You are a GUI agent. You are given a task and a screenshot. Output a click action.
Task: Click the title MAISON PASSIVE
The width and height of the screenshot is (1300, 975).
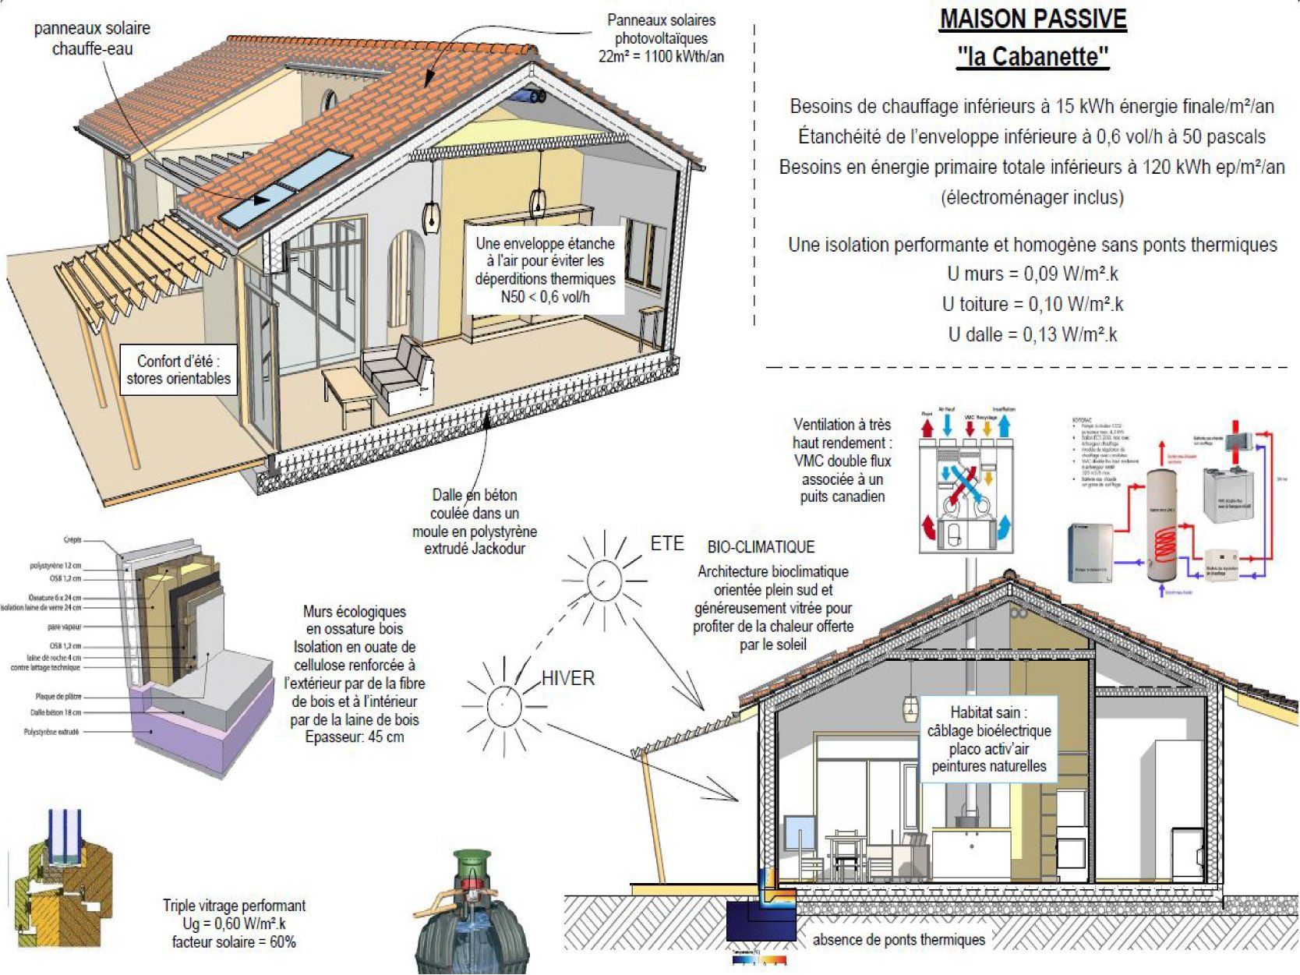[x=1033, y=19]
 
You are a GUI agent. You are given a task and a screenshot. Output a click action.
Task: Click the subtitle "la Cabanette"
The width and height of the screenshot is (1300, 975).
[x=1033, y=57]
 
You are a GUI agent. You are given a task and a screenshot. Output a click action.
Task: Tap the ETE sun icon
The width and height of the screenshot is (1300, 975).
[x=602, y=578]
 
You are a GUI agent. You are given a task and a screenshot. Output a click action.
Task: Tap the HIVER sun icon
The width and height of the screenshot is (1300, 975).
[x=503, y=706]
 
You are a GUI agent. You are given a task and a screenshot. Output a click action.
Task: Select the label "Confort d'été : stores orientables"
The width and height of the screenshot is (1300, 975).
[x=178, y=370]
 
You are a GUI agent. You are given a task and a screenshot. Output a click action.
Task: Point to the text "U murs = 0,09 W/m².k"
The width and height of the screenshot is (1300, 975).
[x=1033, y=274]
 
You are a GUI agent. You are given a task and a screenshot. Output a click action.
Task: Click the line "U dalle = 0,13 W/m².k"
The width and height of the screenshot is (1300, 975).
[x=1033, y=335]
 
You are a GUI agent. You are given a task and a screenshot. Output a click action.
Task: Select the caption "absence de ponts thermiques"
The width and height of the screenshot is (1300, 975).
[x=899, y=940]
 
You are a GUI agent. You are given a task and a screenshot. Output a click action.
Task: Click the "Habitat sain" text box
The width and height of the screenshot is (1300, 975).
[x=989, y=739]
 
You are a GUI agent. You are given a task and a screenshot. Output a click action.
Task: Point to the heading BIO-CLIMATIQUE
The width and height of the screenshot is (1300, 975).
[x=761, y=547]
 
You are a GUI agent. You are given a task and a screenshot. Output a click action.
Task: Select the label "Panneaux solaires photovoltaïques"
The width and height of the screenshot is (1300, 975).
[x=661, y=38]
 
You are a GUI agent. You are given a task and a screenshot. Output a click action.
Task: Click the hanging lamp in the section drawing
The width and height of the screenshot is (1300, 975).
[x=910, y=708]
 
